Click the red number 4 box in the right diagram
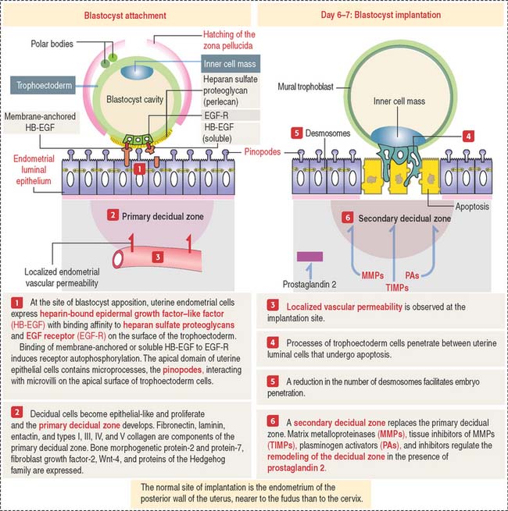pyautogui.click(x=467, y=134)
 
